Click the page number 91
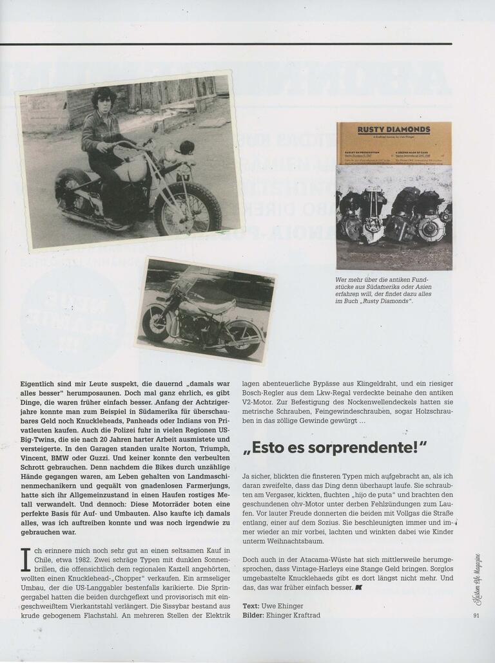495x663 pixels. pyautogui.click(x=476, y=615)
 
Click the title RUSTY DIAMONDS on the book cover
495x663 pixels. pyautogui.click(x=394, y=129)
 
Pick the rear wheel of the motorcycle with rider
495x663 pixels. pyautogui.click(x=72, y=191)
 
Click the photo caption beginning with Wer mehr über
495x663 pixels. pyautogui.click(x=385, y=290)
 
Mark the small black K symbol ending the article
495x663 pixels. pyautogui.click(x=358, y=588)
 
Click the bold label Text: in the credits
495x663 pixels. pyautogui.click(x=251, y=606)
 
